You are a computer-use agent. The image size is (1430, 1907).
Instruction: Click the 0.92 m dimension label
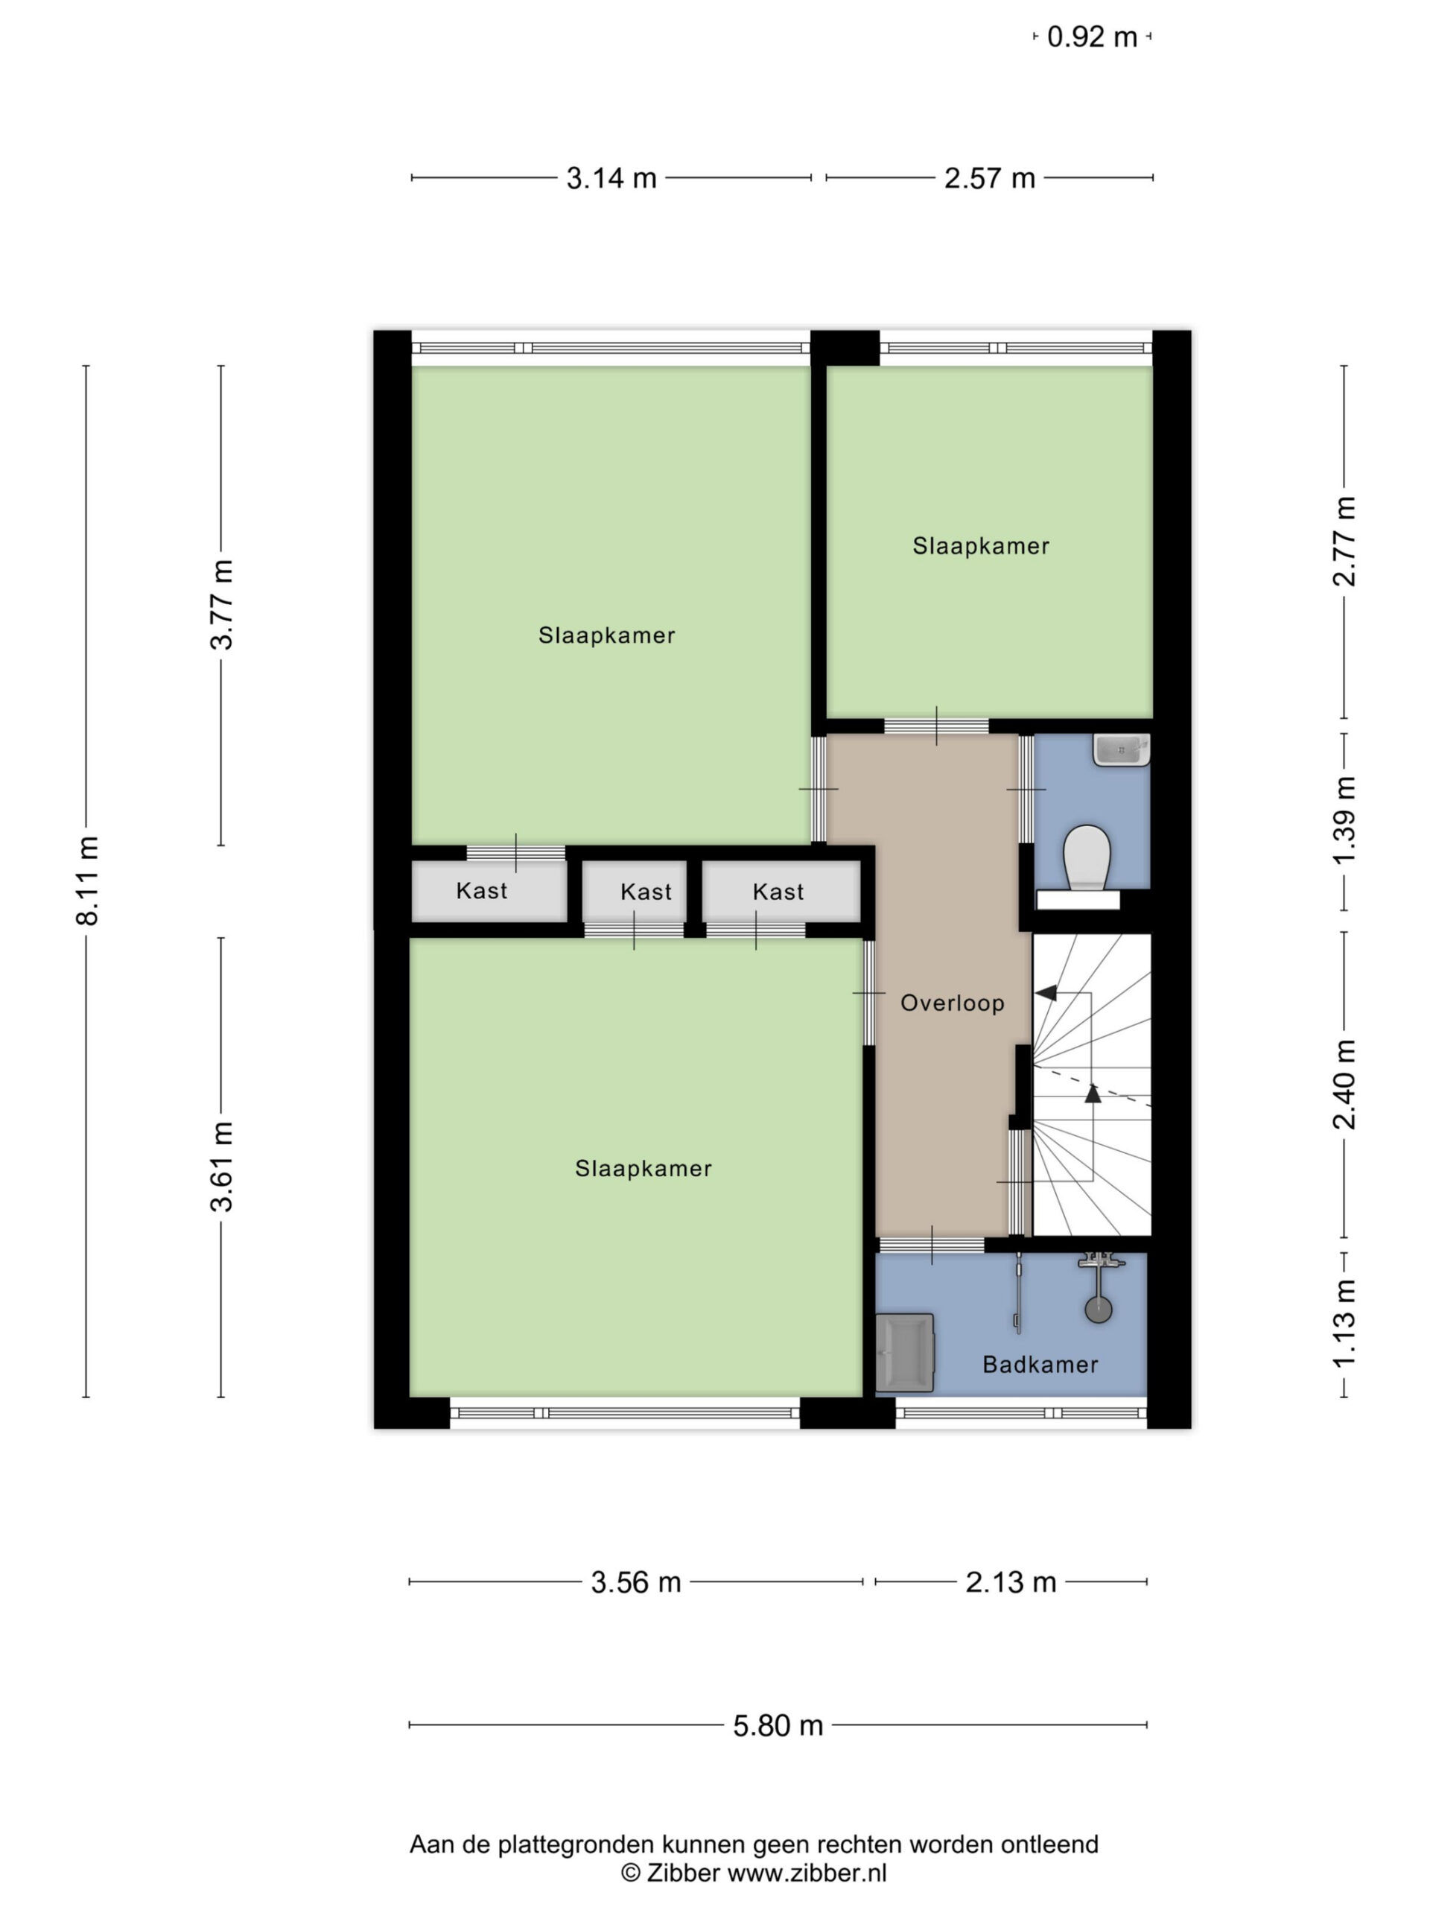pos(1092,37)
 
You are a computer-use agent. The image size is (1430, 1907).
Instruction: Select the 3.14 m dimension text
pos(611,179)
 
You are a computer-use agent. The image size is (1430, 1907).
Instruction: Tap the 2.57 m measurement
pos(990,179)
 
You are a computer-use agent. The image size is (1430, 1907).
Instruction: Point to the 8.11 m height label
pos(88,880)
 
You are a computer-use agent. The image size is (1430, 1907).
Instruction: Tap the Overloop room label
pos(953,1003)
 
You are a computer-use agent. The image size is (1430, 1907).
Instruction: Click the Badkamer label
pos(1040,1365)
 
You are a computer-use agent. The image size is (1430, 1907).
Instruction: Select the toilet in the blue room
pos(1086,859)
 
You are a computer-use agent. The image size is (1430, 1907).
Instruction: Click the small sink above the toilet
pos(1122,750)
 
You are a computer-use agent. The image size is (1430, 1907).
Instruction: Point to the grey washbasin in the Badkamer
pos(905,1353)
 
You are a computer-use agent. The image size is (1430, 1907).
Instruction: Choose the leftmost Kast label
pos(482,891)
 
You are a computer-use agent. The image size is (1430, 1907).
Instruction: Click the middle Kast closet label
pos(646,892)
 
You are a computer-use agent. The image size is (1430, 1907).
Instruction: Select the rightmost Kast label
pos(778,892)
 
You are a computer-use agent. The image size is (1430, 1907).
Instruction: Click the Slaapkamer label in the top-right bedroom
pos(981,546)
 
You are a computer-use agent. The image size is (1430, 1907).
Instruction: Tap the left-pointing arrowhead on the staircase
pos(1046,993)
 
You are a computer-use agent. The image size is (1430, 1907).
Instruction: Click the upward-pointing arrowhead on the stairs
pos(1093,1093)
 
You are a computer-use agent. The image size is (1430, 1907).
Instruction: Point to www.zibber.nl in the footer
pos(807,1873)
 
